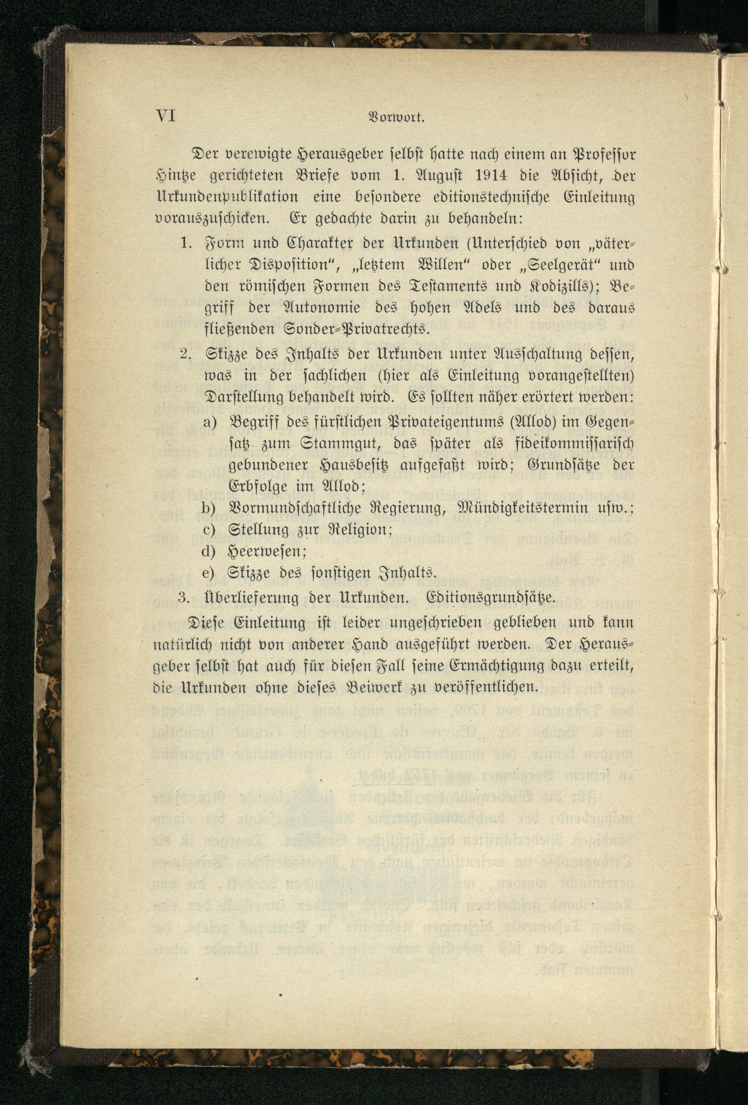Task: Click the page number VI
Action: coord(165,116)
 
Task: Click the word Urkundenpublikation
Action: coord(227,198)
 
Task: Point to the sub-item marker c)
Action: coord(210,530)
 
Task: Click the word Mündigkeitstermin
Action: coord(524,509)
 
